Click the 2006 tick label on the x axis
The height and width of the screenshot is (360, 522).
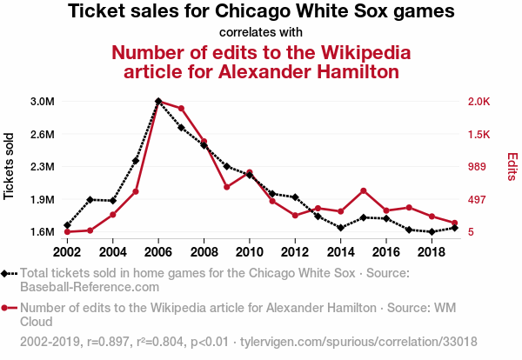coord(158,251)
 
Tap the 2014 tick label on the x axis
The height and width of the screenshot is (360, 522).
coord(340,251)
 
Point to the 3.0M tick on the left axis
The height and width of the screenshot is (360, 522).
coord(42,102)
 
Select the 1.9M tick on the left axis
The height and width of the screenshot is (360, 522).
coord(42,199)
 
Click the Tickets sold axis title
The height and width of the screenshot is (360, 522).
coord(10,166)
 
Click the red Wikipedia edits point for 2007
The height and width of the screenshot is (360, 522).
coord(181,109)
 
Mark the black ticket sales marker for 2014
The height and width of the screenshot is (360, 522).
coord(340,228)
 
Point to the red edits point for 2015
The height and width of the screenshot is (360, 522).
coord(363,190)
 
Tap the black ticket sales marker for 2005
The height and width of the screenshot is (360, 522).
coord(136,161)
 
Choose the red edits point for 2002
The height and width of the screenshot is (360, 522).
coord(67,231)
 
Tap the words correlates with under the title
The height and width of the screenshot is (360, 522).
coord(261,32)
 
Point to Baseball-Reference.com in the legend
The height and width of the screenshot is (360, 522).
coord(78,286)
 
